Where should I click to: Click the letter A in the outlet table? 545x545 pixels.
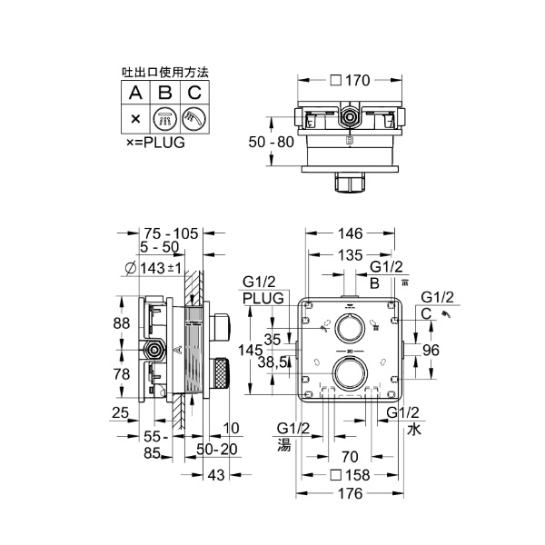click(x=134, y=92)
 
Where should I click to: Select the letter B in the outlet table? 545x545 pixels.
click(x=164, y=92)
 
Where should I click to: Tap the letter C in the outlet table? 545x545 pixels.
click(x=194, y=92)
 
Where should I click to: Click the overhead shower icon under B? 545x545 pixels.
click(x=164, y=118)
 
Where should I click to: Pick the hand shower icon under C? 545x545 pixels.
click(x=194, y=118)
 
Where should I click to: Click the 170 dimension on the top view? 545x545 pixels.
click(x=355, y=81)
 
